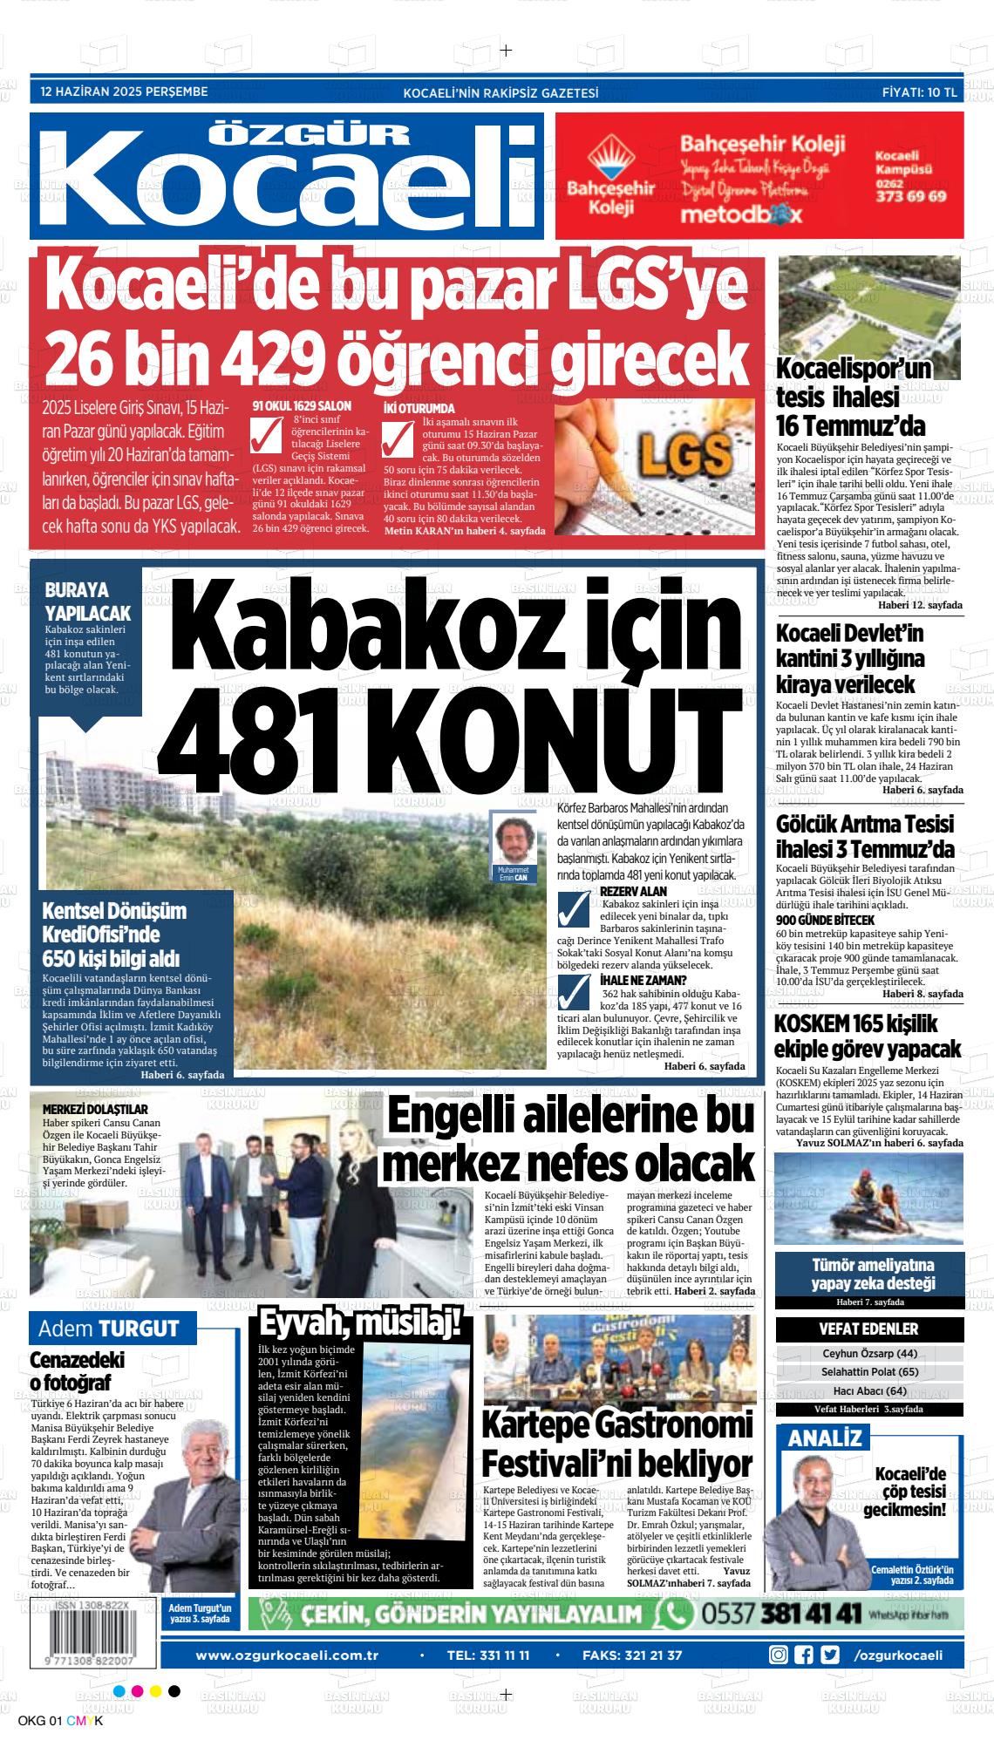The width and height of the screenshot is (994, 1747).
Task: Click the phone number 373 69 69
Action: point(910,196)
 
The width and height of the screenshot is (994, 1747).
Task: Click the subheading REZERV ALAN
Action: point(633,891)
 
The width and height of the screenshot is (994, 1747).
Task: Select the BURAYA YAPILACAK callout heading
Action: point(87,601)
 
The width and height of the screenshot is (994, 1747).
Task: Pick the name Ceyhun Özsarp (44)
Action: point(869,1354)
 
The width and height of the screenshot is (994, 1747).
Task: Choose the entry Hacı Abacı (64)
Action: point(869,1390)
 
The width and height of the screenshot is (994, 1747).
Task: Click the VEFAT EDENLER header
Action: point(868,1329)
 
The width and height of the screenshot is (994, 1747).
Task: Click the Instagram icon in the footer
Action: point(779,1631)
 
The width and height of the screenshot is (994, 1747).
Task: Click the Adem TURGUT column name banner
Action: point(108,1329)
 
